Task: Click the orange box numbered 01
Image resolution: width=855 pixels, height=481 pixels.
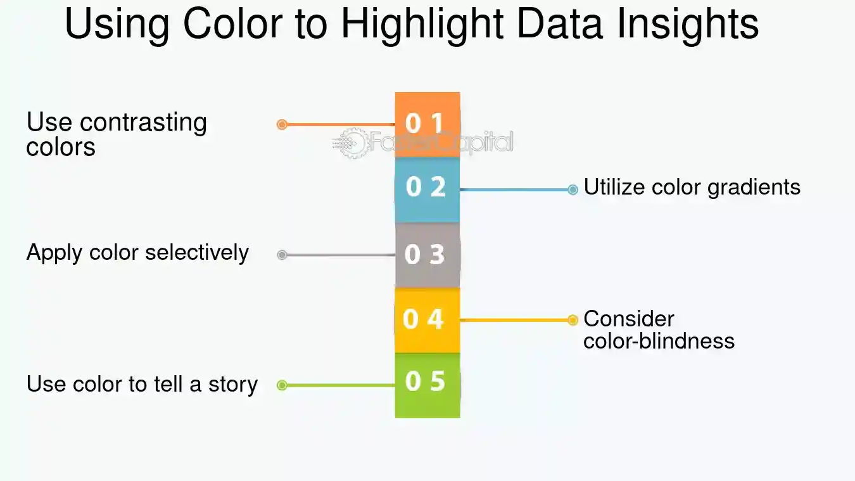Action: pyautogui.click(x=427, y=125)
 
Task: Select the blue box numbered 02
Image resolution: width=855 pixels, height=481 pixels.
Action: pyautogui.click(x=427, y=190)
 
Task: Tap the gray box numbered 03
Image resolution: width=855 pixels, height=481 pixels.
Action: pyautogui.click(x=427, y=255)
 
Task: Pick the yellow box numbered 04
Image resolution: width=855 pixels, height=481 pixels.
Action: pyautogui.click(x=427, y=320)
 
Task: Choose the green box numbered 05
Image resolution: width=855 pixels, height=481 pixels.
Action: pyautogui.click(x=427, y=385)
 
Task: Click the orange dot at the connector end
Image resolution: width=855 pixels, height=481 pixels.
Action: pyautogui.click(x=282, y=125)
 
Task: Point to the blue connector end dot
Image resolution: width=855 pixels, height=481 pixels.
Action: pyautogui.click(x=573, y=189)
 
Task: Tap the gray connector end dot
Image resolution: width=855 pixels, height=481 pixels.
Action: pyautogui.click(x=282, y=255)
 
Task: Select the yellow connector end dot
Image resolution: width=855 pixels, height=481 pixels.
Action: pyautogui.click(x=573, y=320)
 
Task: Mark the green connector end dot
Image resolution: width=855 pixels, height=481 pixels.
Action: pyautogui.click(x=282, y=385)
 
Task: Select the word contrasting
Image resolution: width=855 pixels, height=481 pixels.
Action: pyautogui.click(x=144, y=124)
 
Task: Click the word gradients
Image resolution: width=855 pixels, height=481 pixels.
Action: pyautogui.click(x=754, y=188)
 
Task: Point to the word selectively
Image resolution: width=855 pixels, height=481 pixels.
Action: pyautogui.click(x=197, y=253)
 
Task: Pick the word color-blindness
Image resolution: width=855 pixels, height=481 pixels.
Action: pyautogui.click(x=659, y=341)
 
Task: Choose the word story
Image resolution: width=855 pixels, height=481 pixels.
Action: pyautogui.click(x=233, y=385)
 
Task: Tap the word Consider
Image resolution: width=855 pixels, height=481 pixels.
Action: pyautogui.click(x=629, y=319)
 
